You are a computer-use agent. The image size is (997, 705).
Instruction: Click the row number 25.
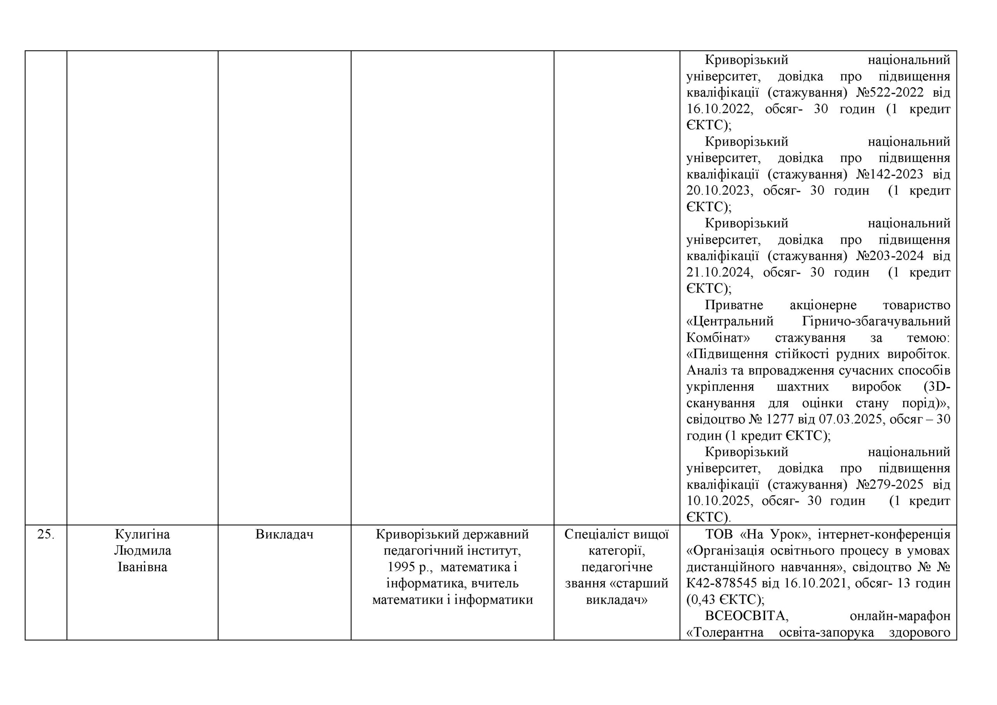[x=46, y=534]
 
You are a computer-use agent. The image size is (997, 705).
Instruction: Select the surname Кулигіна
[x=143, y=534]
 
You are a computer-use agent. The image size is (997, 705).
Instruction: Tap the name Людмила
[x=143, y=551]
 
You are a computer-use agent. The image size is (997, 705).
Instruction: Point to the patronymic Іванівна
[x=143, y=567]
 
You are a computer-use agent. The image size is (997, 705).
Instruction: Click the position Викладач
[x=284, y=534]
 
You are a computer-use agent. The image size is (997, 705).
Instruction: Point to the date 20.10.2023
[x=718, y=191]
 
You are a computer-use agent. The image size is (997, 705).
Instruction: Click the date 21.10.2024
[x=718, y=272]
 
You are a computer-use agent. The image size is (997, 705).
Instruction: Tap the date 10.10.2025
[x=718, y=501]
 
